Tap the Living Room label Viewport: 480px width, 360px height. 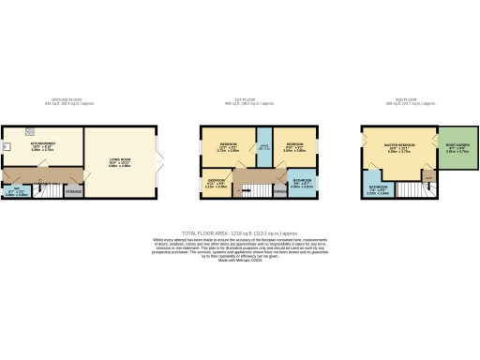(121, 163)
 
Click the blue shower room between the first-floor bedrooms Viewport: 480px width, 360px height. (263, 147)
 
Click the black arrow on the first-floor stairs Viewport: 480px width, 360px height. (248, 190)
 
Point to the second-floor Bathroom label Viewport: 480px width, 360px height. (377, 187)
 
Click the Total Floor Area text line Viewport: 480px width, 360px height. (240, 232)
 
